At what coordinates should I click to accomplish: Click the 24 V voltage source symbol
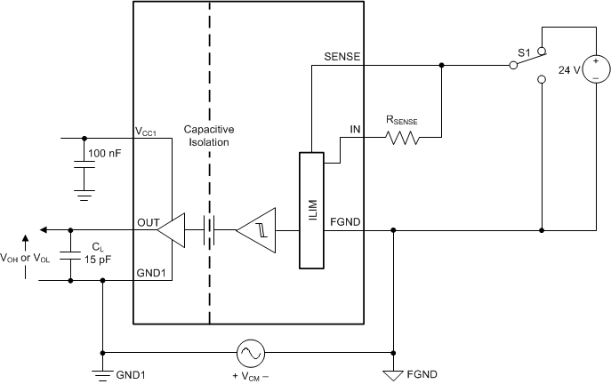[x=590, y=68]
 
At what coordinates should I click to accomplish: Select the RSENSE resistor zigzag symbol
[x=401, y=138]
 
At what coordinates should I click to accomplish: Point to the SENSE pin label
[x=342, y=56]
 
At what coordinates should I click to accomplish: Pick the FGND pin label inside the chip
[x=346, y=220]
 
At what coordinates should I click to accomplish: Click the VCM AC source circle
[x=248, y=353]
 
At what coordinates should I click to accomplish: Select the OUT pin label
[x=148, y=220]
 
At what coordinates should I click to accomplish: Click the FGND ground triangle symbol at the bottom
[x=393, y=373]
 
